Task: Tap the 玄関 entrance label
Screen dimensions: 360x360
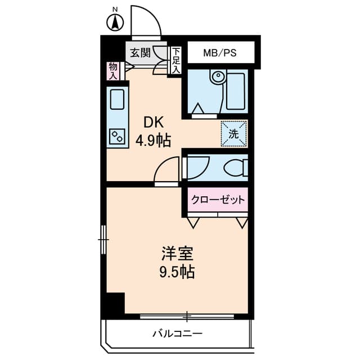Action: (139, 53)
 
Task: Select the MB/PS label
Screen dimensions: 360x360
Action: (219, 53)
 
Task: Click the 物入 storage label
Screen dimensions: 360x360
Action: (113, 70)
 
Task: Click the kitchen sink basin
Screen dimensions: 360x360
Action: (118, 100)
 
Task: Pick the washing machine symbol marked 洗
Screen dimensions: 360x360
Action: (233, 134)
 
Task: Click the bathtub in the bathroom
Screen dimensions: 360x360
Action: (236, 92)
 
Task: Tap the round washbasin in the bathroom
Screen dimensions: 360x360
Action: (217, 77)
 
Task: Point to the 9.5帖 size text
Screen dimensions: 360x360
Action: (175, 273)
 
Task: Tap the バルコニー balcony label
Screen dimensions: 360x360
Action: (177, 334)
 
